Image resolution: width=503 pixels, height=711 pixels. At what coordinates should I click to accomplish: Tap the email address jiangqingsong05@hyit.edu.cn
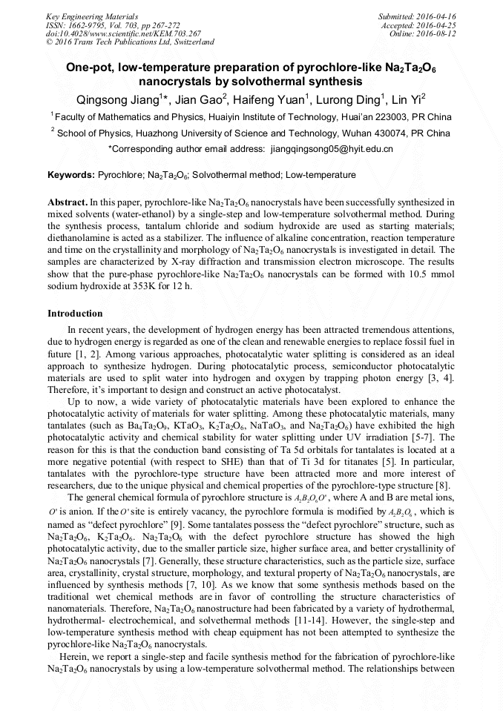click(331, 148)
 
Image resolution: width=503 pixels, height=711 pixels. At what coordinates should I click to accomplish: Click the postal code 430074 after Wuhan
click(397, 133)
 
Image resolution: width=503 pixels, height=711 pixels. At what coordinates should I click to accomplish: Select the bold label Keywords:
click(71, 175)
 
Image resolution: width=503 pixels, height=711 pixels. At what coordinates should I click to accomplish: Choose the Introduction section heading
click(75, 314)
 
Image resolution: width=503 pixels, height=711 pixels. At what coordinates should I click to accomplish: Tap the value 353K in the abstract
click(169, 285)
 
